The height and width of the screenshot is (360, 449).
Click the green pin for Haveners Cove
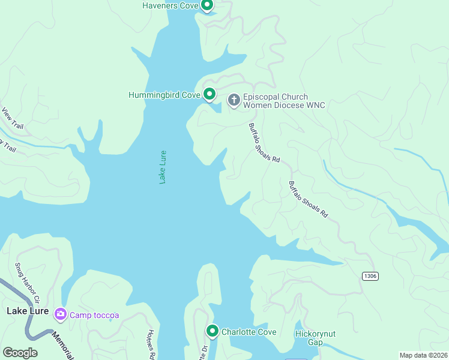(x=207, y=6)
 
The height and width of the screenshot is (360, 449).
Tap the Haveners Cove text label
(x=170, y=6)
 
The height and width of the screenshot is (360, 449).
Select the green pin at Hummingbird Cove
(x=209, y=94)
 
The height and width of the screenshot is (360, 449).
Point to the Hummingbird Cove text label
(x=164, y=95)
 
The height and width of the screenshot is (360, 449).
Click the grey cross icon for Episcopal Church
(x=234, y=100)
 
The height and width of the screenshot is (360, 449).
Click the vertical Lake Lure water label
(x=163, y=167)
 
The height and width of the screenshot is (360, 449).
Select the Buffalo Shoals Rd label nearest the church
(x=265, y=143)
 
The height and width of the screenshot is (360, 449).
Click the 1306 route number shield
(x=370, y=275)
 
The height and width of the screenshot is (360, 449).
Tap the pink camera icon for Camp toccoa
(x=60, y=314)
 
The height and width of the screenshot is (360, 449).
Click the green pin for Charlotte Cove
(x=212, y=331)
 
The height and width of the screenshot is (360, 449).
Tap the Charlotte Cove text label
(x=249, y=332)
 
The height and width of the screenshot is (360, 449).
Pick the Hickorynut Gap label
(x=309, y=338)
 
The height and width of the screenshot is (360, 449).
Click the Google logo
(x=20, y=353)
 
